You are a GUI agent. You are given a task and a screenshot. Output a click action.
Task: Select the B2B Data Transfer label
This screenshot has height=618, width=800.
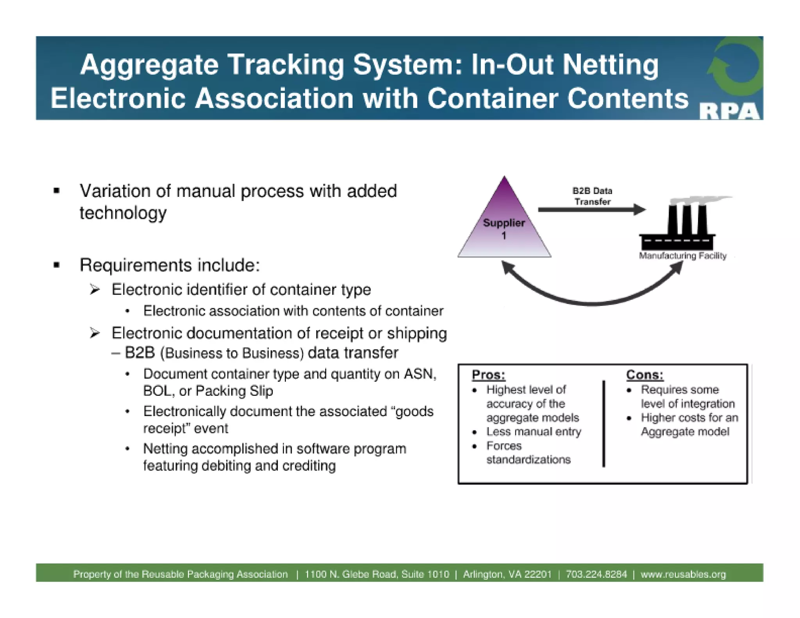(592, 196)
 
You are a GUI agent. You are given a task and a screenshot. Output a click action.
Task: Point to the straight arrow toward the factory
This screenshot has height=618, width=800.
(590, 210)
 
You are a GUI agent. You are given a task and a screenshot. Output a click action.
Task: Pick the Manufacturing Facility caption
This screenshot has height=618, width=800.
(682, 256)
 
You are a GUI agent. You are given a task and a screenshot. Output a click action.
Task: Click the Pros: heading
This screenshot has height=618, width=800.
(488, 375)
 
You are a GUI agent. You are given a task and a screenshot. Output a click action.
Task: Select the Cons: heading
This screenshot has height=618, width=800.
(645, 375)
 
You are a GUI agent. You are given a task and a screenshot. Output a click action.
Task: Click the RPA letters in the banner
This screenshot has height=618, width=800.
(730, 112)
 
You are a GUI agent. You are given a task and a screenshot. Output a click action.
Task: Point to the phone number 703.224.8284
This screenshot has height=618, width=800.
(596, 574)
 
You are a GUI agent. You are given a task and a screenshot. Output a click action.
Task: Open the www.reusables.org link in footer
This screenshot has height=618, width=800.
(683, 574)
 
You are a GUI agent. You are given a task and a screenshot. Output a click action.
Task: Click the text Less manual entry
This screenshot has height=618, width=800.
(534, 432)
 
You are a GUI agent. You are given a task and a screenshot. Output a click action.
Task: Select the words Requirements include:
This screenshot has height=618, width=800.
(170, 265)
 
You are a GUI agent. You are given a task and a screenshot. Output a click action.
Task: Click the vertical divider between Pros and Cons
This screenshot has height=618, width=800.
(604, 423)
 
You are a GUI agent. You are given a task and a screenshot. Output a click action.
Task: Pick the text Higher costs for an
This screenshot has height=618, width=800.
(689, 418)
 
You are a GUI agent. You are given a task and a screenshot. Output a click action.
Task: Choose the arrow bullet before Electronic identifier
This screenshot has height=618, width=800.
(95, 289)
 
